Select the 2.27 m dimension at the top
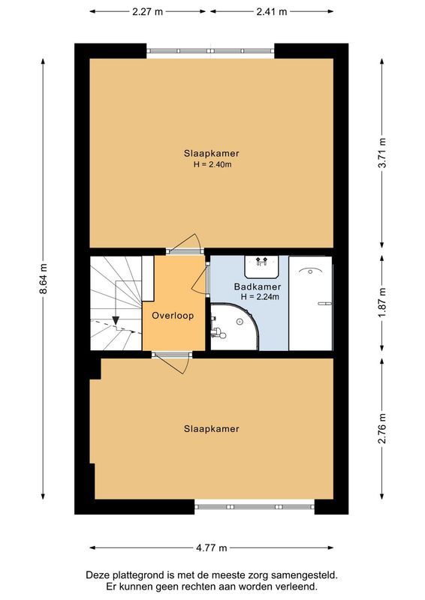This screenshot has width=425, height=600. point(149,11)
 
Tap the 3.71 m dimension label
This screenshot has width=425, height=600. point(383,154)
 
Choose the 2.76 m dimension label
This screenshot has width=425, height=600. point(383,428)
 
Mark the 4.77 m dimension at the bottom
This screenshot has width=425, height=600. point(211,548)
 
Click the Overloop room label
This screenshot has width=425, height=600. point(173,316)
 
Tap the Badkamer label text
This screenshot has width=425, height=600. point(258,286)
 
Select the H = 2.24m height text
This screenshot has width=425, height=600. point(260,297)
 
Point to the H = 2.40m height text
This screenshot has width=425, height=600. point(211,164)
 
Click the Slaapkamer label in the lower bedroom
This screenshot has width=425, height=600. point(211,429)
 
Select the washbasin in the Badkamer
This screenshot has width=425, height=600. point(262,265)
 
